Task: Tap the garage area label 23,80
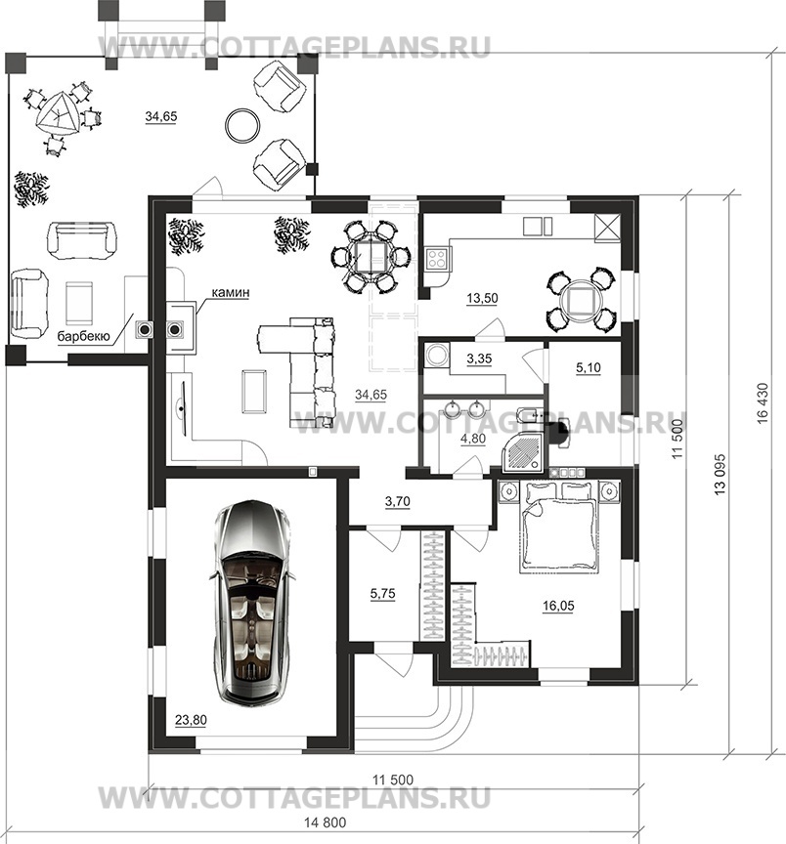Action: pos(191,720)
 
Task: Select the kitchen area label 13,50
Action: pos(482,298)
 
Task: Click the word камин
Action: pos(231,293)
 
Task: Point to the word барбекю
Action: pos(83,337)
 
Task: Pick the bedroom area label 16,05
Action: pos(558,606)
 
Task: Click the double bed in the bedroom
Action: pos(559,528)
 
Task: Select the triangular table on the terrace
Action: pos(57,114)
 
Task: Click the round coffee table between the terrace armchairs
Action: pos(241,125)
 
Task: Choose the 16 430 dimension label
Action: pos(762,402)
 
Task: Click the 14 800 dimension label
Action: pos(326,823)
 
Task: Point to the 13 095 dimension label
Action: pos(720,474)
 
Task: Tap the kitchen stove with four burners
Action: pos(437,258)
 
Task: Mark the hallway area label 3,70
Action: pos(398,501)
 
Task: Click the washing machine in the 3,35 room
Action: pos(435,355)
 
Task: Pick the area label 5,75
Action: pos(382,594)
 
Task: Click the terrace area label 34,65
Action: pos(161,116)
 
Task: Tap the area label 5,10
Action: pos(589,367)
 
